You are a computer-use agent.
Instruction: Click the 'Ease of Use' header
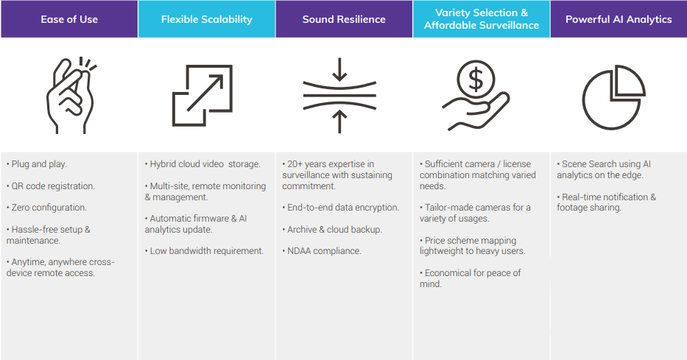(68, 19)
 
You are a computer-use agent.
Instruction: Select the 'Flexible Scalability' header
(206, 19)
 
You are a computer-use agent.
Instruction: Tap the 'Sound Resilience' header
(344, 19)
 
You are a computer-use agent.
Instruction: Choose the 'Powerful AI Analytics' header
(619, 19)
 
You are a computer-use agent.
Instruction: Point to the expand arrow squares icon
(202, 95)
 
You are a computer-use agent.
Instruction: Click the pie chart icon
(613, 95)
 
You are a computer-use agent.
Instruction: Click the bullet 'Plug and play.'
(39, 164)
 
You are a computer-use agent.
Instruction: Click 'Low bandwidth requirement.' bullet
(206, 251)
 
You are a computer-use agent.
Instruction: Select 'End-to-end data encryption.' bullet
(343, 208)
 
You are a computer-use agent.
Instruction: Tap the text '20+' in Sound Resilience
(295, 164)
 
